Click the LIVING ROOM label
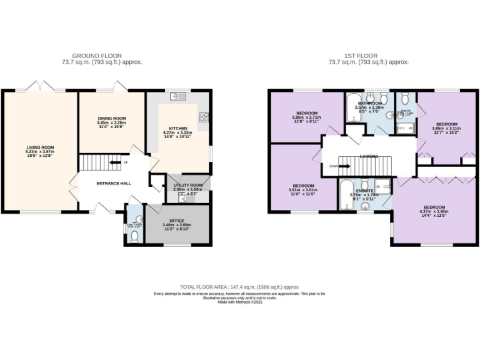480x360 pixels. click(x=40, y=147)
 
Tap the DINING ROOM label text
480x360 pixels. click(x=111, y=118)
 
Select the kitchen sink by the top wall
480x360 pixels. click(x=177, y=96)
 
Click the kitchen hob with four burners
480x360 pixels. click(x=203, y=117)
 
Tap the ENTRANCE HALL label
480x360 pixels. click(x=113, y=183)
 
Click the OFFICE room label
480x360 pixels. click(x=177, y=220)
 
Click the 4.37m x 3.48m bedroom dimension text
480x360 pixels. click(x=434, y=212)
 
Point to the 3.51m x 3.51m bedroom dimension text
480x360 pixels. click(x=303, y=190)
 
